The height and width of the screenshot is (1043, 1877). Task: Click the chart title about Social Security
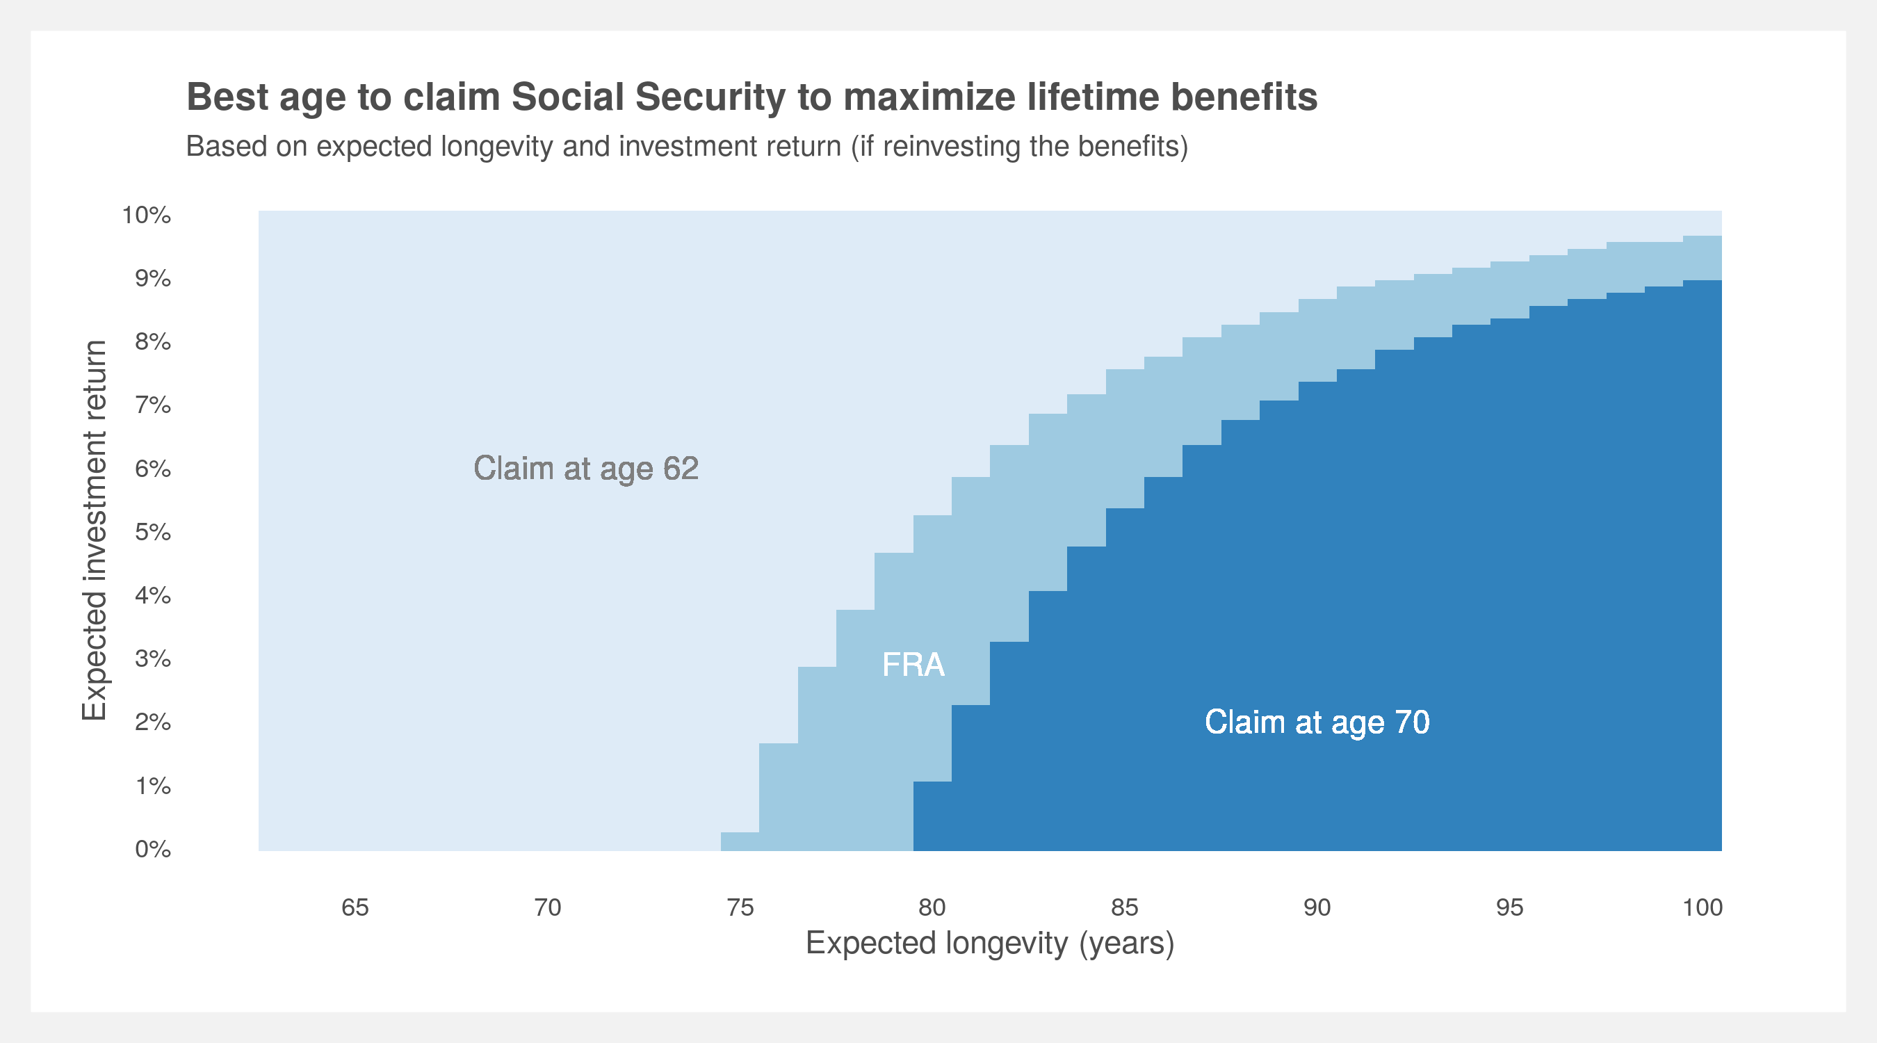coord(752,97)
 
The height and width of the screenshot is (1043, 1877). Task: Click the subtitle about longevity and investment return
coord(687,147)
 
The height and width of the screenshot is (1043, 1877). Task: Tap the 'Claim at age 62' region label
coord(586,469)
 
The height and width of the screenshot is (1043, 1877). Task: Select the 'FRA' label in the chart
coord(913,665)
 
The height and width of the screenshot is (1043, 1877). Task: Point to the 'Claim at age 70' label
coord(1317,722)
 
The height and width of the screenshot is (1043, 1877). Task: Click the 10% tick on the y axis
coord(147,215)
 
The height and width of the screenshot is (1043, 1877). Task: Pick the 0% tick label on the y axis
coord(153,849)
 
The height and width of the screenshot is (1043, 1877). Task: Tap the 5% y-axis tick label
coord(153,532)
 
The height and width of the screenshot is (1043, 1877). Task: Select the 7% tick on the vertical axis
coord(153,405)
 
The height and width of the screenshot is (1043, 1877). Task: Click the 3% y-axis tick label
coord(153,659)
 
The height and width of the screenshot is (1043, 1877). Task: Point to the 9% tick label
coord(153,278)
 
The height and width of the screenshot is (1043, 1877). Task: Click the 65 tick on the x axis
coord(355,907)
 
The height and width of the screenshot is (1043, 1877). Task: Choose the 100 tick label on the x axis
coord(1702,907)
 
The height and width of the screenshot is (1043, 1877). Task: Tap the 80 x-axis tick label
coord(932,907)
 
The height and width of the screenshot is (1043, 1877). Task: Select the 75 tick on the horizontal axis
coord(740,907)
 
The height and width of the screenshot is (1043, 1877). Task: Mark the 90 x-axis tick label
coord(1317,907)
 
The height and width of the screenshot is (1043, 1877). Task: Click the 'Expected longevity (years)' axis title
coord(990,944)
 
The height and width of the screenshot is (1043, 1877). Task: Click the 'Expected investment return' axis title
coord(95,531)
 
